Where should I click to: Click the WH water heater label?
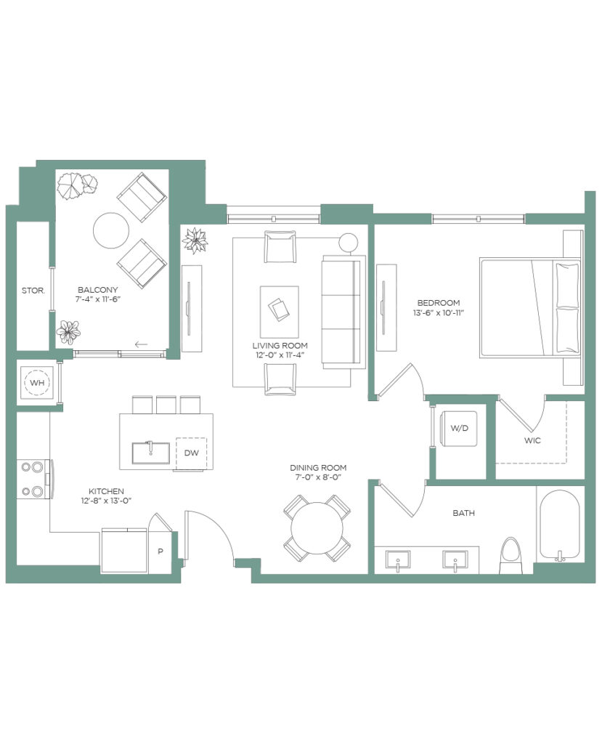pos(36,382)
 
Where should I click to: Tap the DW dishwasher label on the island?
pos(191,453)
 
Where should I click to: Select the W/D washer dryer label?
pos(459,428)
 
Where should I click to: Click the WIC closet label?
pos(532,440)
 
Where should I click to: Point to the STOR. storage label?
pos(33,291)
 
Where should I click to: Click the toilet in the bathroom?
pos(511,555)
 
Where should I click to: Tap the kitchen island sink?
pos(151,453)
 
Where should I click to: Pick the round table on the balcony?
pos(111,230)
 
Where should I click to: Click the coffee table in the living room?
pos(280,311)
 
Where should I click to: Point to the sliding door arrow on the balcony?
pos(141,344)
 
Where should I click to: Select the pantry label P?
pos(160,551)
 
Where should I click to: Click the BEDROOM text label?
pos(439,303)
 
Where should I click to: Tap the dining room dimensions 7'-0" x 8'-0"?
pos(318,477)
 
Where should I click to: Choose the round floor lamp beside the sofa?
pos(349,242)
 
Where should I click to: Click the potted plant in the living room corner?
pos(195,240)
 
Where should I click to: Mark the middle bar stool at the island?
pos(166,405)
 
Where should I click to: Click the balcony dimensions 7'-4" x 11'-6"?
pos(98,299)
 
